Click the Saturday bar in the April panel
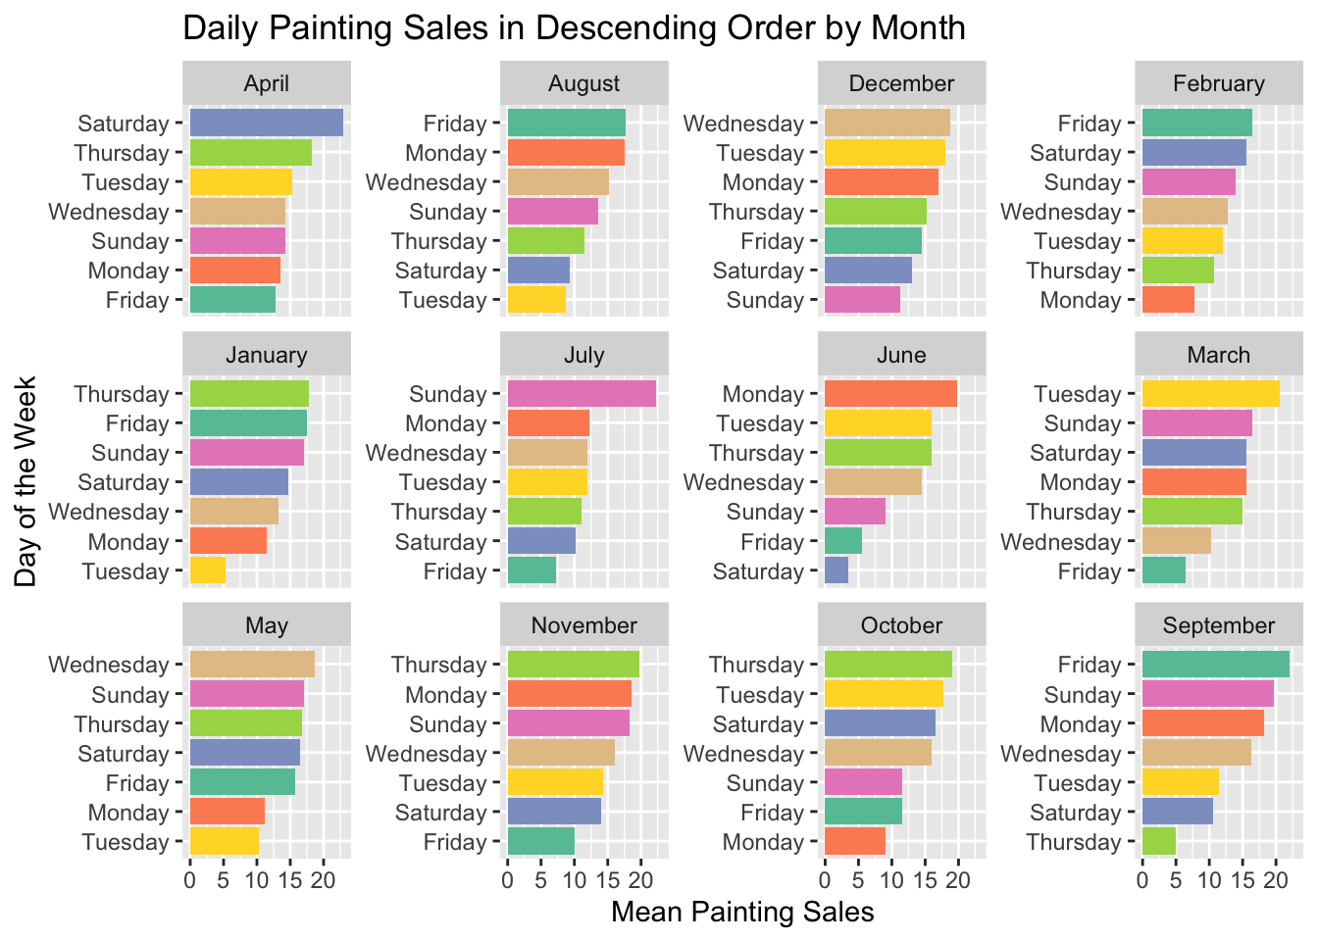tap(266, 124)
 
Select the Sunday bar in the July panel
tap(582, 394)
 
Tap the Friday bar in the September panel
tap(1215, 665)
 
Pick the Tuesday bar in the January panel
tap(207, 571)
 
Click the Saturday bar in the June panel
tap(836, 571)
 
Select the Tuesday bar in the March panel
tap(1210, 394)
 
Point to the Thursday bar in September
tap(1158, 842)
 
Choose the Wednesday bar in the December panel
tap(887, 124)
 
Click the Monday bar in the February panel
tap(1168, 300)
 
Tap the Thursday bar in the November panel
tap(573, 665)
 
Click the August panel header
tap(584, 83)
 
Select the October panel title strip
tap(901, 625)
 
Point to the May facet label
tap(267, 625)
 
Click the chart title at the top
tap(574, 27)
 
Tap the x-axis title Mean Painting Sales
tap(742, 913)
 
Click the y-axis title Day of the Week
tap(25, 481)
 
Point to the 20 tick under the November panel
tap(640, 879)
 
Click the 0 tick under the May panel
tap(190, 879)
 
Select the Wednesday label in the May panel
tap(109, 665)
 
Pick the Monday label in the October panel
tap(762, 842)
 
